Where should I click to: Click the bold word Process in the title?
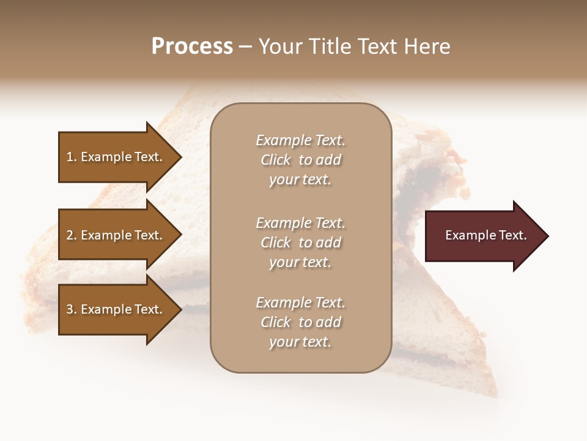click(x=192, y=47)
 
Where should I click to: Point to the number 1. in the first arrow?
click(x=71, y=157)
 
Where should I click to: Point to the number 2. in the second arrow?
click(x=71, y=235)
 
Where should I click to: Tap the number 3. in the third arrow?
click(x=71, y=309)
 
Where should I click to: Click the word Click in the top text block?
click(x=276, y=160)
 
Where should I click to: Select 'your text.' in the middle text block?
click(x=300, y=262)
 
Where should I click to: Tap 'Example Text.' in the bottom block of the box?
click(x=300, y=303)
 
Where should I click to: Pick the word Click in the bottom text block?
click(x=276, y=322)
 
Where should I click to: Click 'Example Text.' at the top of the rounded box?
click(x=300, y=140)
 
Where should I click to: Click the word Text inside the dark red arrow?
click(x=510, y=235)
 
